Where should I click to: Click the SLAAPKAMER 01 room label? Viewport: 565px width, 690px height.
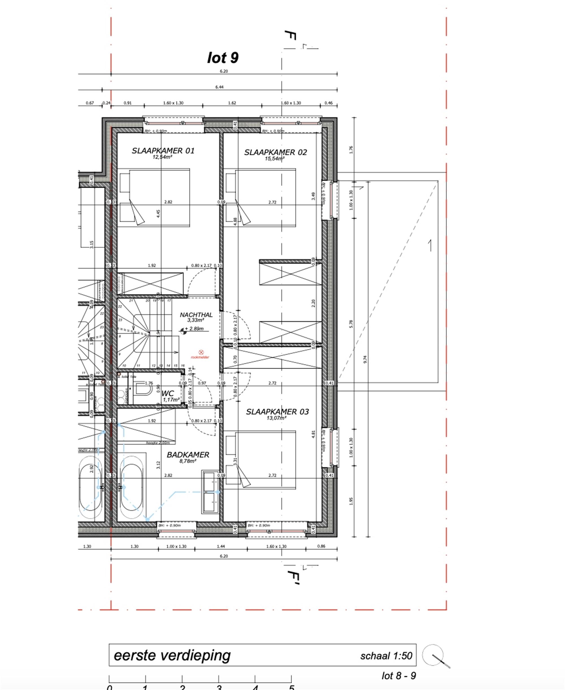[163, 151]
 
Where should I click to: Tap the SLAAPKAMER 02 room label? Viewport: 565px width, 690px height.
[275, 152]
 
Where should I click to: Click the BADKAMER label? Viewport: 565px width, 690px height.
[188, 455]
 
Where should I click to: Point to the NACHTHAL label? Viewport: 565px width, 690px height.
[196, 315]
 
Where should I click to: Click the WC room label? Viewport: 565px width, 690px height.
[168, 393]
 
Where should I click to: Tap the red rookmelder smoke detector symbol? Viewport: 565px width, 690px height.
[201, 352]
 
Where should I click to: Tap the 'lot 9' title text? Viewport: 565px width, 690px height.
[223, 58]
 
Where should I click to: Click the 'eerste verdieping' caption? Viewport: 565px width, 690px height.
[172, 655]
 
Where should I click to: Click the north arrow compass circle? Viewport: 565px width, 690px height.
[433, 655]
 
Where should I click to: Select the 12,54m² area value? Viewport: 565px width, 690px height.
[162, 157]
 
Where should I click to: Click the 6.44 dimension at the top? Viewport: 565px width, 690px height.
[219, 87]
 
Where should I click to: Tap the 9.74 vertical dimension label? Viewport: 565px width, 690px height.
[365, 360]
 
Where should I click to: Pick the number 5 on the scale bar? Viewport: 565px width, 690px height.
[292, 687]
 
